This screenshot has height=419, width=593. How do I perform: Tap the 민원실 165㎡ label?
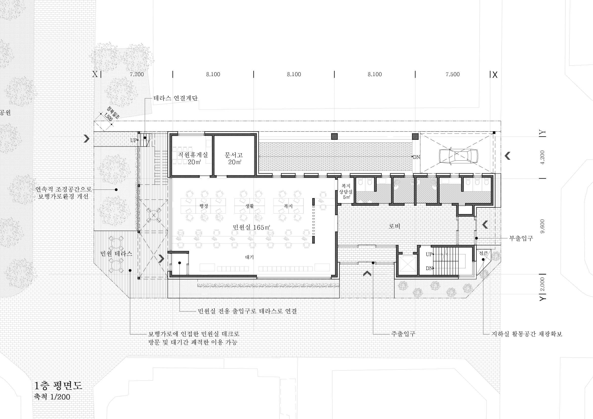tap(251, 227)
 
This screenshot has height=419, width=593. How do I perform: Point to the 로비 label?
tap(395, 226)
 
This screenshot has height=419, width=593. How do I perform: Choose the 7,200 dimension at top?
tap(137, 74)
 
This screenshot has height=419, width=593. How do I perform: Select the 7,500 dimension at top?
tap(453, 74)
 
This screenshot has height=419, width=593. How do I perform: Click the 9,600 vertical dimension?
tap(542, 226)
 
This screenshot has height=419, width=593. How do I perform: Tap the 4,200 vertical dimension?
tap(542, 157)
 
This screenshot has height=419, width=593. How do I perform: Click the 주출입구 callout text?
tap(403, 334)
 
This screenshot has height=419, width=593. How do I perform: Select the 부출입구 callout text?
tap(521, 238)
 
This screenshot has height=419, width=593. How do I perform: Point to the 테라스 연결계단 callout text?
tap(176, 98)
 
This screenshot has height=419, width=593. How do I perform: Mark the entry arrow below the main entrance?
tap(367, 274)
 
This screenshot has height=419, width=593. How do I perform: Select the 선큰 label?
tap(483, 253)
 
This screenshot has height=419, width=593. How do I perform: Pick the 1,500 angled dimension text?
tap(108, 117)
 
